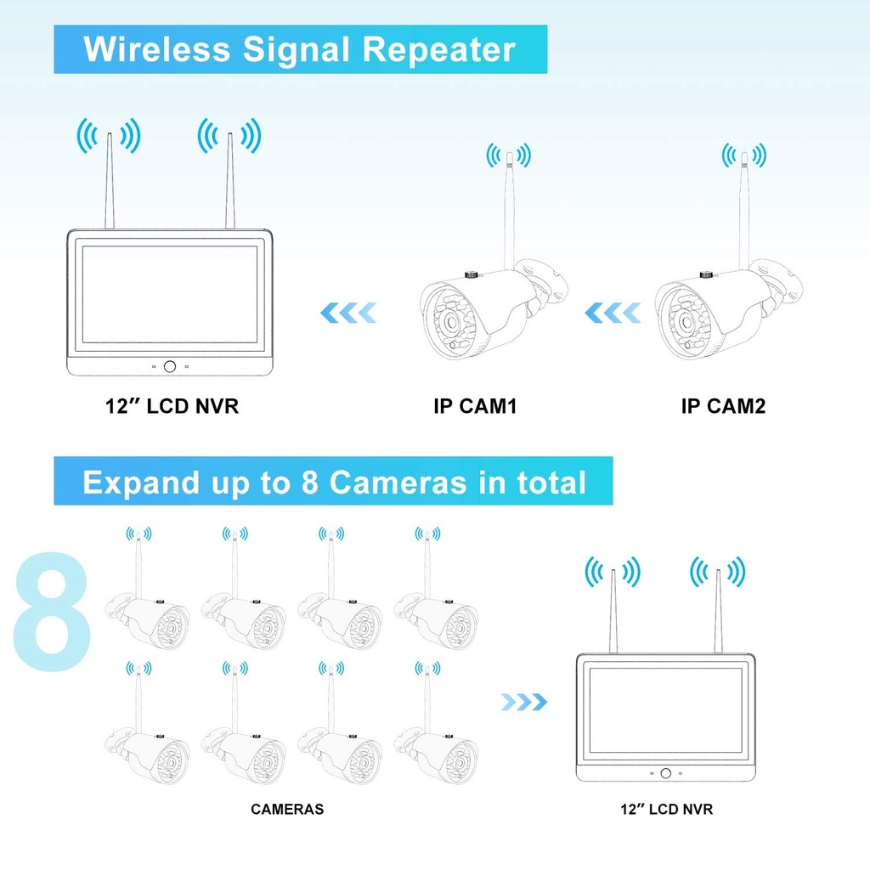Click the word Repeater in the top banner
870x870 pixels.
(x=439, y=50)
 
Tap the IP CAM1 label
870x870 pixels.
(x=475, y=406)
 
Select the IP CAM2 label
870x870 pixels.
(x=723, y=406)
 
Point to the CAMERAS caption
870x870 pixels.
(x=287, y=809)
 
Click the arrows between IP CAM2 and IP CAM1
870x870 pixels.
(x=612, y=314)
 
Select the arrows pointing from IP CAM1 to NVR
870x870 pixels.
(x=348, y=314)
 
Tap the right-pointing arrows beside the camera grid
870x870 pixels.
(x=523, y=702)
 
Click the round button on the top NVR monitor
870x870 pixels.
(x=170, y=366)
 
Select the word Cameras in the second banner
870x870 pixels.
(x=398, y=483)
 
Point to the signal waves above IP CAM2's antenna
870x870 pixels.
(x=743, y=155)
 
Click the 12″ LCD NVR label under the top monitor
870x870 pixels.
(x=172, y=406)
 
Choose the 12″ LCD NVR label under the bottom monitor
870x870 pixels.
(x=666, y=809)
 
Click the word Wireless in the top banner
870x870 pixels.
(x=156, y=50)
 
